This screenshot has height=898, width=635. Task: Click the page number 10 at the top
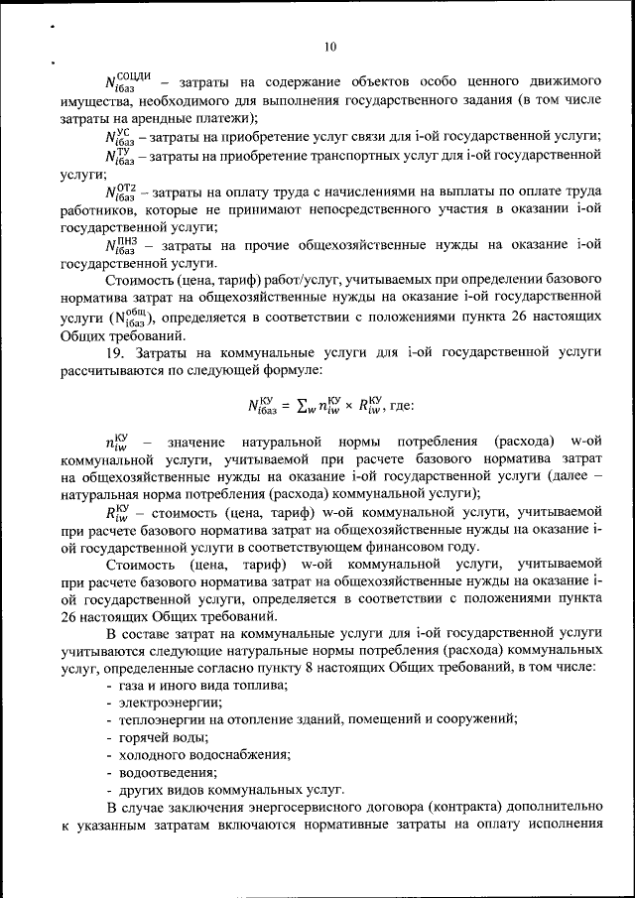click(x=330, y=46)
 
